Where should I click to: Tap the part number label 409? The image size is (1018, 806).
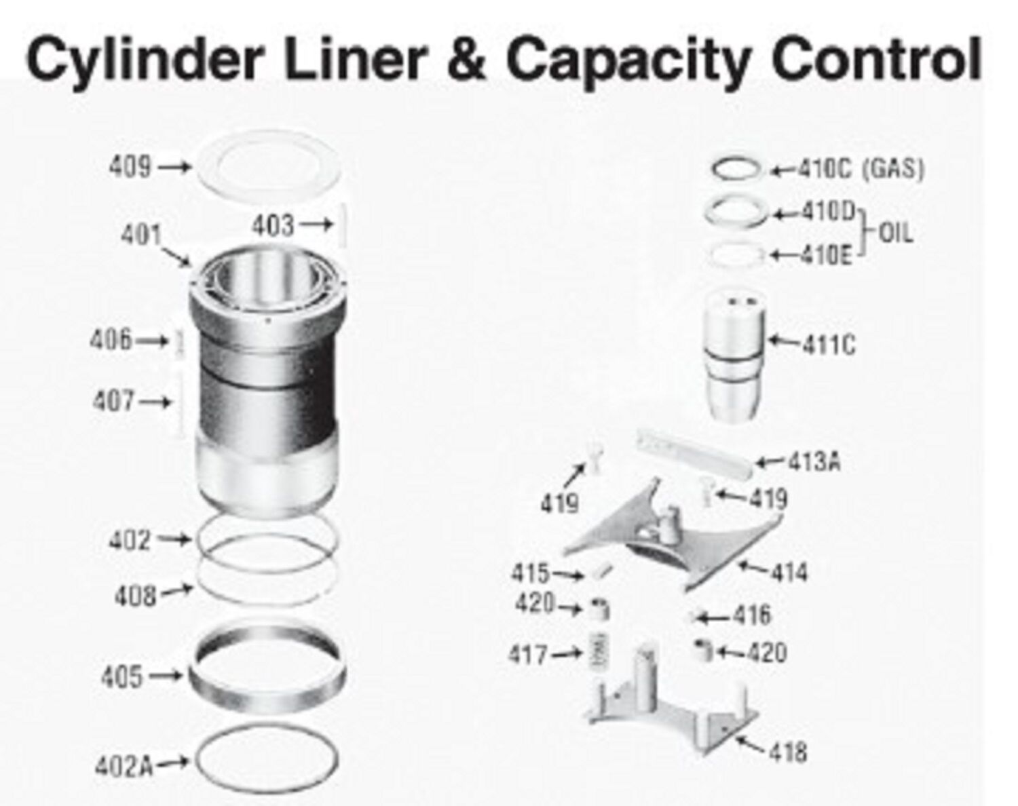[130, 166]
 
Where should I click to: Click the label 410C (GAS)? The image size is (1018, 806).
[861, 169]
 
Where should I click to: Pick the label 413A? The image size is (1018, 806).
[814, 462]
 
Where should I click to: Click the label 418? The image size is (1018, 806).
[788, 752]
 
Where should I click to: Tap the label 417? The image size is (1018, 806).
[528, 655]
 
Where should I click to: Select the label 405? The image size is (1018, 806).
[122, 676]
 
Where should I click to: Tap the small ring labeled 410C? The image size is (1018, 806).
[736, 170]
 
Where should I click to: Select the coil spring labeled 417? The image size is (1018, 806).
[599, 651]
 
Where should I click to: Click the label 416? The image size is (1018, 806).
[751, 615]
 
